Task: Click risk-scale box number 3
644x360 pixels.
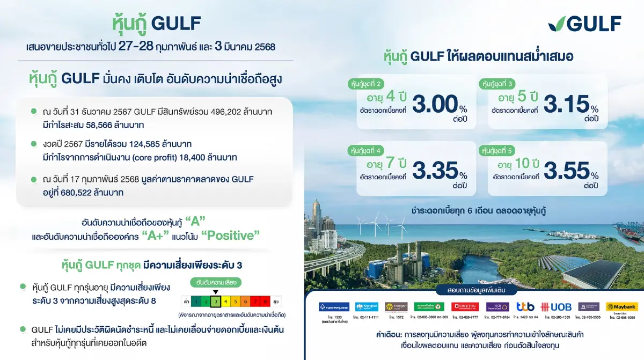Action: [216, 302]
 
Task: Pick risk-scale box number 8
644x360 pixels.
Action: [265, 302]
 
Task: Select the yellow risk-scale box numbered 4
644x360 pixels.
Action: [225, 302]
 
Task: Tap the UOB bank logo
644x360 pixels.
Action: [557, 307]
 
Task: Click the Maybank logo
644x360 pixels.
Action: [621, 307]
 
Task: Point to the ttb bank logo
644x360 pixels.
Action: [525, 307]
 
